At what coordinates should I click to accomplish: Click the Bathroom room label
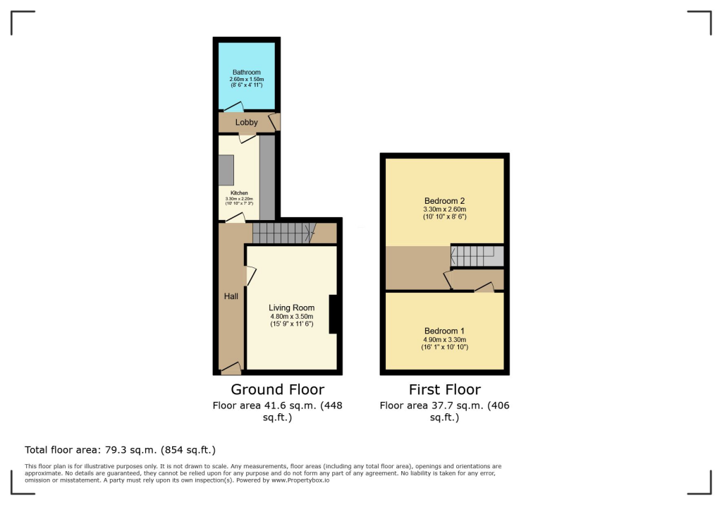[246, 72]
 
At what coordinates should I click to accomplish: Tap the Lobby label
[247, 123]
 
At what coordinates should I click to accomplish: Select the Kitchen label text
[239, 193]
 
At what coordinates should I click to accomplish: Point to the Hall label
[231, 296]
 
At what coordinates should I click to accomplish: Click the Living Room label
[291, 308]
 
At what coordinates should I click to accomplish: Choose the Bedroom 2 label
[444, 200]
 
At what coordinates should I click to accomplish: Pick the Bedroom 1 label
[444, 331]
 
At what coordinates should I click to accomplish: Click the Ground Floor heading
[278, 389]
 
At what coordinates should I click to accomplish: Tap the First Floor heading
[444, 389]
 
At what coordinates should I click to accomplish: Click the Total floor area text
[120, 449]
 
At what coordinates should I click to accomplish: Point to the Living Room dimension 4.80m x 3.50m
[291, 316]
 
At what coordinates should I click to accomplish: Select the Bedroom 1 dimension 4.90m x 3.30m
[444, 339]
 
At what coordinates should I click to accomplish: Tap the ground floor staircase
[282, 233]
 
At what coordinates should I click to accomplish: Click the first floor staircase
[477, 256]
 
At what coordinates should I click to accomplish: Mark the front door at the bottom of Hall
[231, 368]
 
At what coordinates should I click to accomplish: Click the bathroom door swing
[233, 108]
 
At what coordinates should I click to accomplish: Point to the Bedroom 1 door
[484, 288]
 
